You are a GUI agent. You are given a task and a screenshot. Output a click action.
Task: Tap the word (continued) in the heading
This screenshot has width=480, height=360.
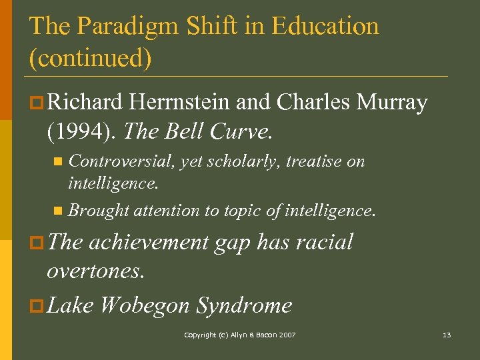coord(91,58)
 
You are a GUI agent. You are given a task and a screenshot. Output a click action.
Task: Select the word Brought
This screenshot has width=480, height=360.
coord(98,211)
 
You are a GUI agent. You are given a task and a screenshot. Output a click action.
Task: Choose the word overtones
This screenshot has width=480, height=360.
coord(96,271)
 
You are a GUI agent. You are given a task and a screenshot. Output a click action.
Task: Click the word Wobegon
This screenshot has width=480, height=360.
coord(145,305)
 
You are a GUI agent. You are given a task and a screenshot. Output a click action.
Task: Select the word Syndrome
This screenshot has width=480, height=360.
coord(244,305)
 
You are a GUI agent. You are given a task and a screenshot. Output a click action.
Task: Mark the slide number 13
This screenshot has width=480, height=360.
coord(447,335)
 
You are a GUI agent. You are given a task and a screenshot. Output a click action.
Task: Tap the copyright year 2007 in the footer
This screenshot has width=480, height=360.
coord(287,335)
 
